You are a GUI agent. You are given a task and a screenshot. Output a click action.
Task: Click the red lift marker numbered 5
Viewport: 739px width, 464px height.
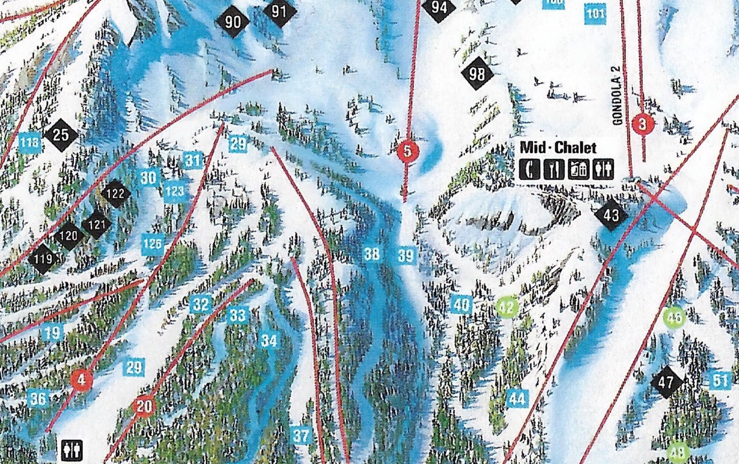pyautogui.click(x=407, y=152)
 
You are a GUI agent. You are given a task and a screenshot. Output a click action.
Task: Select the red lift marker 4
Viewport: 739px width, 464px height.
pyautogui.click(x=81, y=380)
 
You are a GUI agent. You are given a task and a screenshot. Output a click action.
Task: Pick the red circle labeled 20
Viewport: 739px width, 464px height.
pyautogui.click(x=144, y=407)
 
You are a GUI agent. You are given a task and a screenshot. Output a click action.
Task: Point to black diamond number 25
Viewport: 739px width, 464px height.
pyautogui.click(x=61, y=135)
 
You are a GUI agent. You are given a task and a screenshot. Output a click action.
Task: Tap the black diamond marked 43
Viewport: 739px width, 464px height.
pyautogui.click(x=611, y=215)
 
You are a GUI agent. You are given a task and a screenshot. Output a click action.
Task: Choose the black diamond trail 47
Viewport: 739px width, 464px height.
pyautogui.click(x=666, y=382)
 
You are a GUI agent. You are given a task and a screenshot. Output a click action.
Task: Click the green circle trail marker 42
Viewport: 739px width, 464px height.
pyautogui.click(x=508, y=306)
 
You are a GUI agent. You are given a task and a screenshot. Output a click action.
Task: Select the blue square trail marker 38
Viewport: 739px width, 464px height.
pyautogui.click(x=371, y=255)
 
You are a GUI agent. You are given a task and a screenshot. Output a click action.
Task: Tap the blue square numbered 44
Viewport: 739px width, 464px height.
pyautogui.click(x=517, y=399)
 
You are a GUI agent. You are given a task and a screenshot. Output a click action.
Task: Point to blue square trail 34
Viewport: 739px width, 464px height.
pyautogui.click(x=269, y=340)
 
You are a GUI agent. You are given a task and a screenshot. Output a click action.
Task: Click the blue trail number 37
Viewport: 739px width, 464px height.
pyautogui.click(x=301, y=436)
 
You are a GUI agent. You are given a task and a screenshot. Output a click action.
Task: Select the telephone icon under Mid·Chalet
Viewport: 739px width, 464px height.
pyautogui.click(x=530, y=169)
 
